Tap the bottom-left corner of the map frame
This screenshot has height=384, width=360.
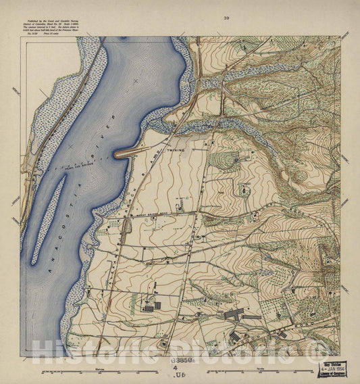(21, 356)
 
